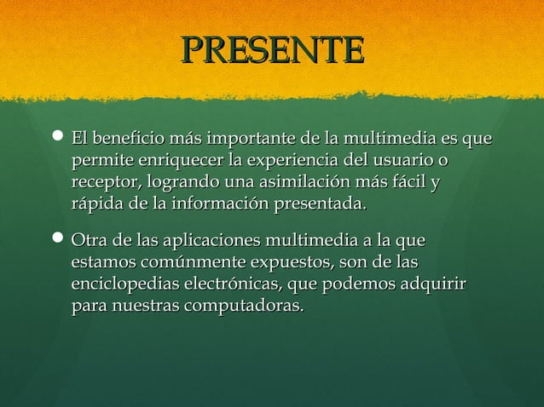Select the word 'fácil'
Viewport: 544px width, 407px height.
click(x=408, y=182)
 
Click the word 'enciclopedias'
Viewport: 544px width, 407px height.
click(x=127, y=283)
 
